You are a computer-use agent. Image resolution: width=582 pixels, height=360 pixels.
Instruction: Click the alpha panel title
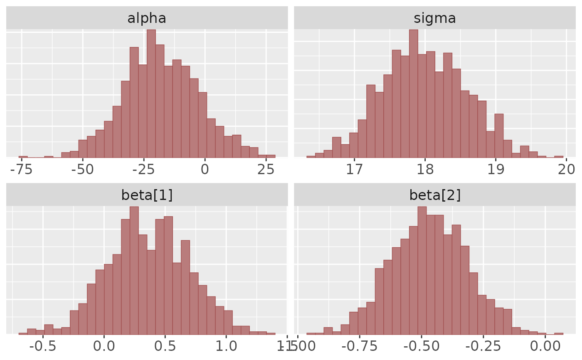[x=147, y=18]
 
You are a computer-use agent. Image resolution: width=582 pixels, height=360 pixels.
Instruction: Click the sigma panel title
[x=435, y=18]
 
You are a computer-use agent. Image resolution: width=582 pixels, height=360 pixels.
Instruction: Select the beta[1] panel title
[x=147, y=195]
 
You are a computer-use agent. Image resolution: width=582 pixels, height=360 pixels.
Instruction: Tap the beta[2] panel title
[x=435, y=195]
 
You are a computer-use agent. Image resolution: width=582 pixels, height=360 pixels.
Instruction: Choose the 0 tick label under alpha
[x=205, y=170]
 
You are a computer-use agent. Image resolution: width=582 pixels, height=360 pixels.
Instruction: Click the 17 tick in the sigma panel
[x=354, y=170]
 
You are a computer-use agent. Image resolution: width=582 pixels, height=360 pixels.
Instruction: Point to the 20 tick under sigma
[x=566, y=170]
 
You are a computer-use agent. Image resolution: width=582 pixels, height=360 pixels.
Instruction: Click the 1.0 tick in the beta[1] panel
[x=226, y=346]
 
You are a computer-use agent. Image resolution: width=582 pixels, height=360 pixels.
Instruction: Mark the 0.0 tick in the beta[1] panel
[x=104, y=346]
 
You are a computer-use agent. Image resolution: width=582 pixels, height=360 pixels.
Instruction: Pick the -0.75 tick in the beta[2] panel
[x=360, y=346]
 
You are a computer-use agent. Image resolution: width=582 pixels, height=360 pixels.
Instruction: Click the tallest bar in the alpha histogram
[x=151, y=94]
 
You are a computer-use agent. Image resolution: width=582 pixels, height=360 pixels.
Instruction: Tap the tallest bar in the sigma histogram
[x=413, y=94]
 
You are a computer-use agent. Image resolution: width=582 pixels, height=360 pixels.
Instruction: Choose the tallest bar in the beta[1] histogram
[x=134, y=270]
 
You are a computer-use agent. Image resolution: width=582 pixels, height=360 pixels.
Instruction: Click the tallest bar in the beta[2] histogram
[x=422, y=270]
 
